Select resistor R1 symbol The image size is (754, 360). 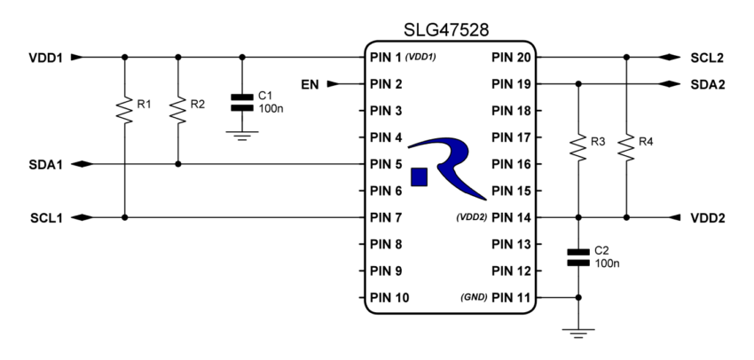point(125,110)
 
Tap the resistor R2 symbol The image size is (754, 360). point(178,110)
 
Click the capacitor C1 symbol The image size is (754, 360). point(241,102)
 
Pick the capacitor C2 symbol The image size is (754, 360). point(578,257)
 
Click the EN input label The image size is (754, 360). point(310,85)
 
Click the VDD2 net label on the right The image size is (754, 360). point(707,217)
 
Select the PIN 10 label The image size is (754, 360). point(389,297)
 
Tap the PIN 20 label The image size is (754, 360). point(510,58)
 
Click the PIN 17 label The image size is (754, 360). point(510,137)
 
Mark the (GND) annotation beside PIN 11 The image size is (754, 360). point(473,297)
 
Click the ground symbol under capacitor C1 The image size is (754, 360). point(241,134)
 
